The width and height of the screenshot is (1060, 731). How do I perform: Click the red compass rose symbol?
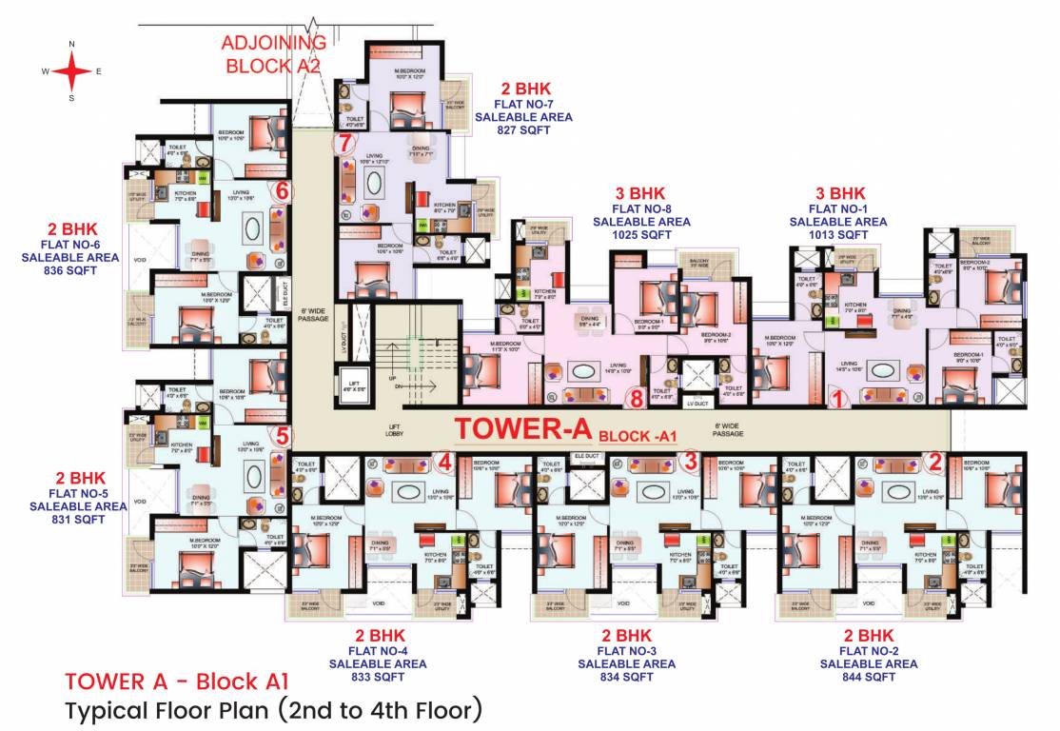pos(71,70)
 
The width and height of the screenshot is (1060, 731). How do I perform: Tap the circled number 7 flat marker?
pos(344,145)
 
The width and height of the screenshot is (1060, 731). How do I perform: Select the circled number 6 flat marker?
pos(281,191)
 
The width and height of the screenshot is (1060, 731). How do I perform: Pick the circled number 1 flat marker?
pos(837,399)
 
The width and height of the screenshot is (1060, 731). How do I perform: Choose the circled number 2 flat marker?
pos(934,462)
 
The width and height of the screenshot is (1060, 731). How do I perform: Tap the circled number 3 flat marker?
pos(692,462)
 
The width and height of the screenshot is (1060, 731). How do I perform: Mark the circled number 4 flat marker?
pos(444,462)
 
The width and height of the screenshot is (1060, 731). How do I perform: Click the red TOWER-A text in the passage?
pos(522,428)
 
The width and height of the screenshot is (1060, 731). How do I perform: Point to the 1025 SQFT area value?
pos(641,234)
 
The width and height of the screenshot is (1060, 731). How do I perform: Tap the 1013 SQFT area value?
pos(837,234)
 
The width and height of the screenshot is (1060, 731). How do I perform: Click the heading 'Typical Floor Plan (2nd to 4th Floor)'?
pos(274,710)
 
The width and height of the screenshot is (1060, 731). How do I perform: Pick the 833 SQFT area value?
pos(380,677)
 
